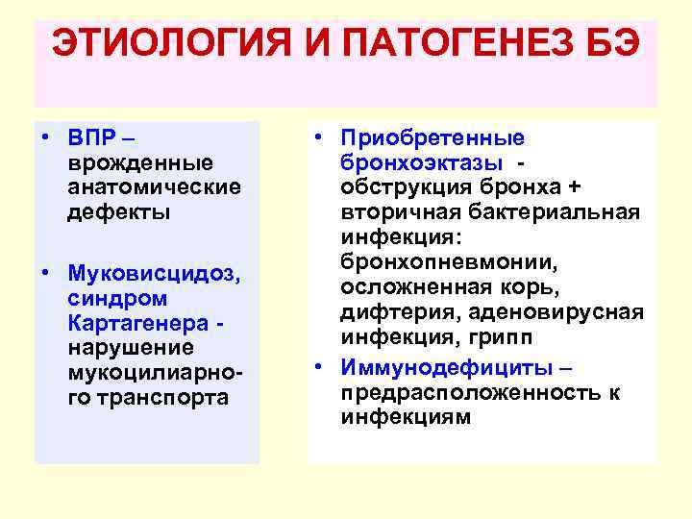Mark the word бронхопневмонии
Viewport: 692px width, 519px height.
445,262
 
